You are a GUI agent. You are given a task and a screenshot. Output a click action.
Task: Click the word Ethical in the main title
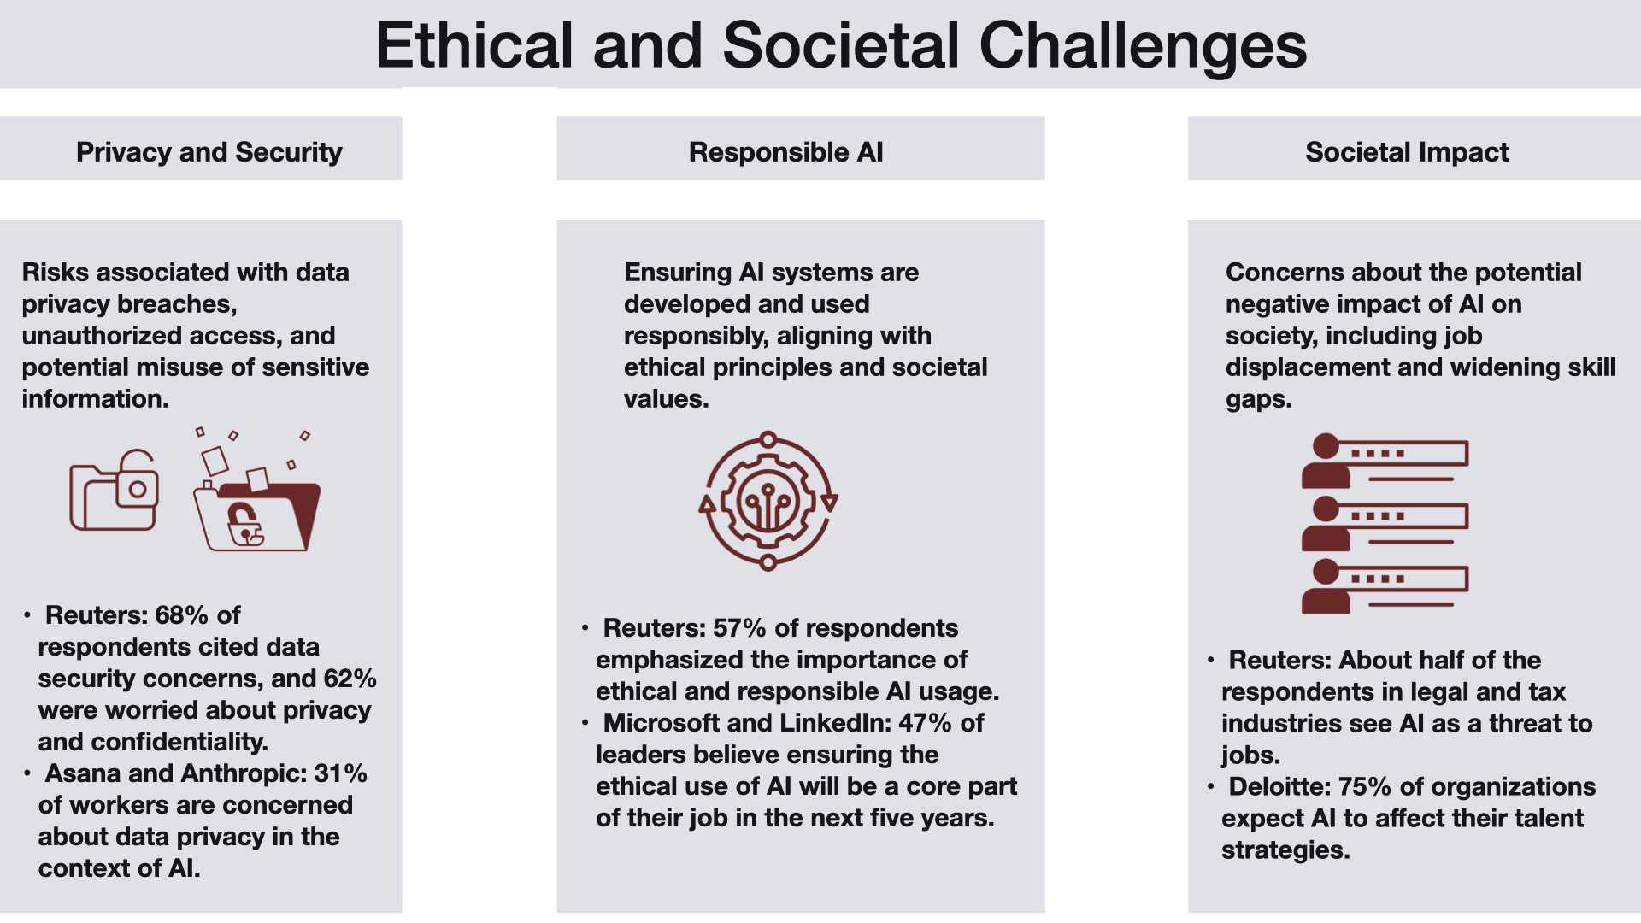click(474, 45)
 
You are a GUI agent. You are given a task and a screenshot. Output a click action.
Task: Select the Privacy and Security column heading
click(209, 152)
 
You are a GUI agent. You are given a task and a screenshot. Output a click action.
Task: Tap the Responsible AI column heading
click(786, 152)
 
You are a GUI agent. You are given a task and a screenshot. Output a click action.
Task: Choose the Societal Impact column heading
click(1407, 152)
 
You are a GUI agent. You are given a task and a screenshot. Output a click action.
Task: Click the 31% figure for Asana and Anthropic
click(340, 773)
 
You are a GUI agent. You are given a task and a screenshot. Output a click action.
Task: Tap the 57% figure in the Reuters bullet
click(739, 628)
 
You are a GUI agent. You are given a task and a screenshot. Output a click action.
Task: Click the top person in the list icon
click(1325, 461)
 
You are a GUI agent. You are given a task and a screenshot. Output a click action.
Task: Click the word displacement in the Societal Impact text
click(1309, 368)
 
